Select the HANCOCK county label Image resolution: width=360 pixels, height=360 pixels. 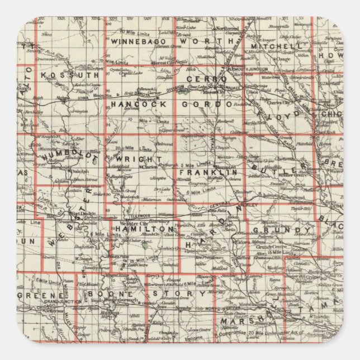(x=136, y=104)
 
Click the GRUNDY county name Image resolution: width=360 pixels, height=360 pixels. (x=281, y=230)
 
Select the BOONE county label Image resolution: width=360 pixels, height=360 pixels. (x=115, y=293)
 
